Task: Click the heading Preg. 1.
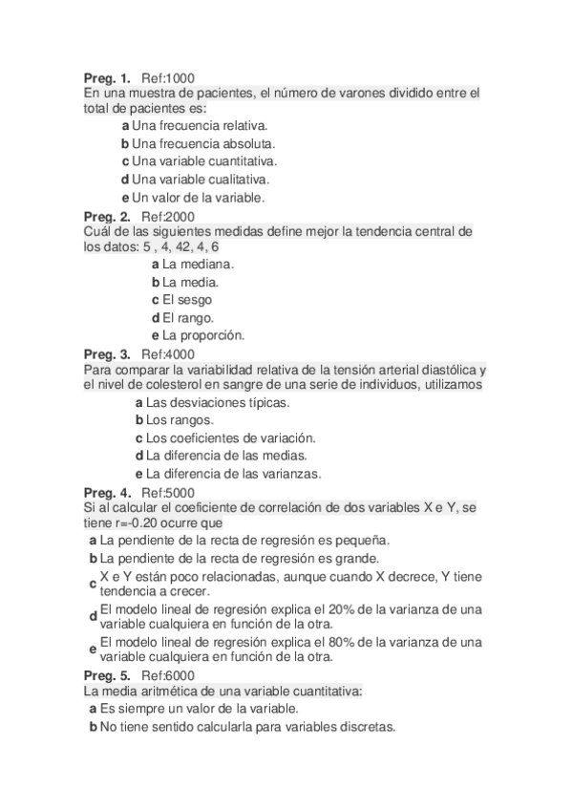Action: click(x=107, y=76)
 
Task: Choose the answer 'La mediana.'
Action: click(x=198, y=264)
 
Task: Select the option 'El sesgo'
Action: click(x=187, y=300)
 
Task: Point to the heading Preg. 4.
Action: click(x=107, y=493)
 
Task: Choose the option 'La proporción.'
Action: click(x=203, y=335)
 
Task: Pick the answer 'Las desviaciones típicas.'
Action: click(x=218, y=402)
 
